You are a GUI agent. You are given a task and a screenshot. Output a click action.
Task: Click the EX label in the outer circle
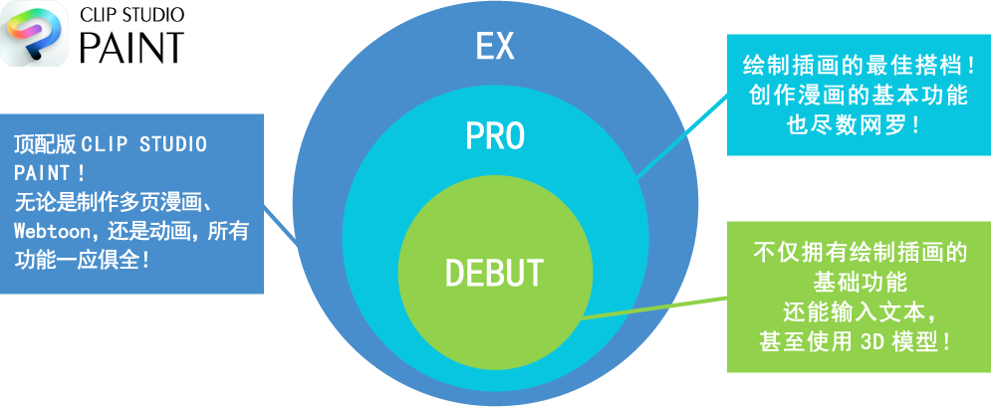495,46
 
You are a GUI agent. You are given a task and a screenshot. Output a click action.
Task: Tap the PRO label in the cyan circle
495,135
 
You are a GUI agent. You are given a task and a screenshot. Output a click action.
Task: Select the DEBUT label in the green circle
494,273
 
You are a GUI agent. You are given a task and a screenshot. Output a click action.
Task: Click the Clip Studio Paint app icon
35,34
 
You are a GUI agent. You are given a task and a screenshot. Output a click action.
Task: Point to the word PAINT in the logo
131,46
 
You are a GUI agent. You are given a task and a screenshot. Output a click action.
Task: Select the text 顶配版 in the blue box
45,144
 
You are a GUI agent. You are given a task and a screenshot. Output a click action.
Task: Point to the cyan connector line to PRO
681,133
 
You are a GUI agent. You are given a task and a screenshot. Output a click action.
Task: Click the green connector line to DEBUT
653,308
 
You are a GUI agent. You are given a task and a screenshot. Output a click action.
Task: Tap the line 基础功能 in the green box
859,282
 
